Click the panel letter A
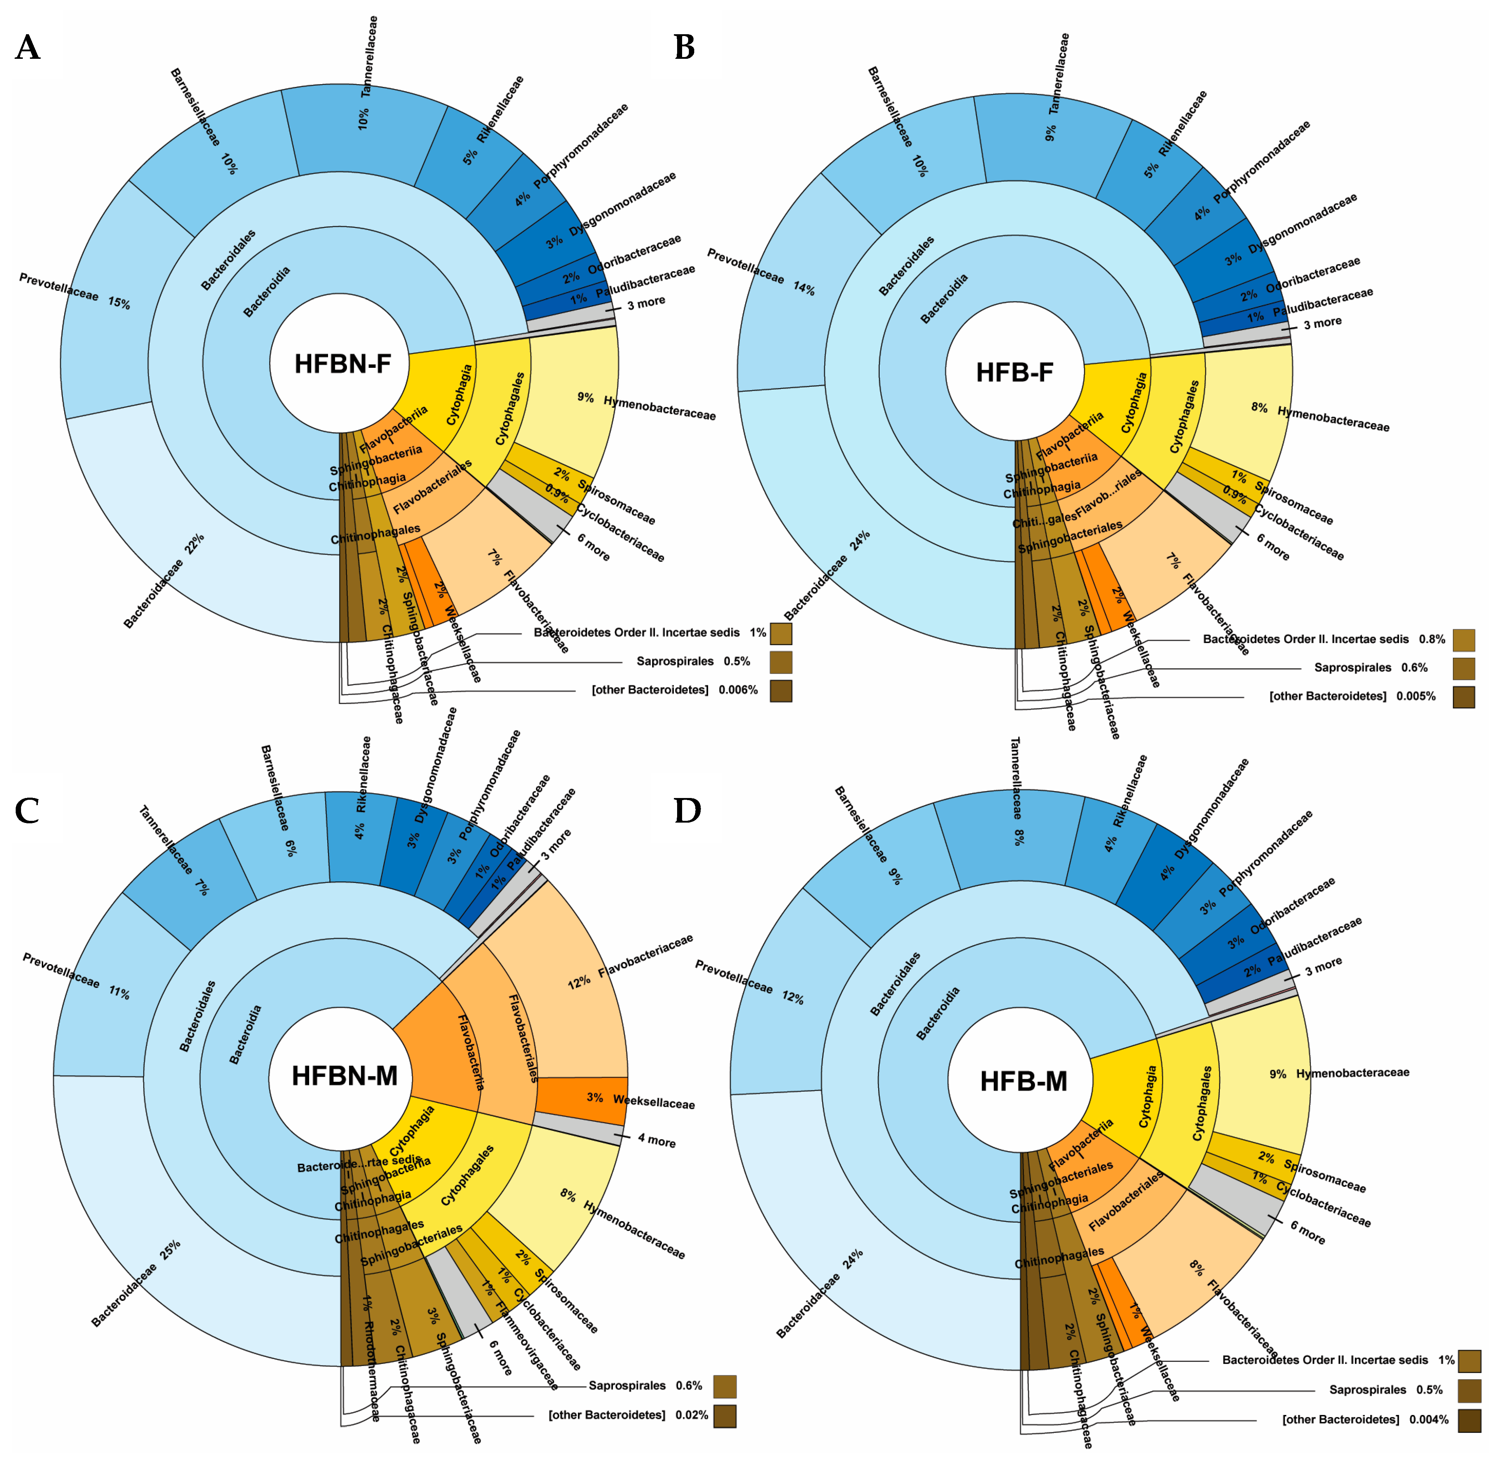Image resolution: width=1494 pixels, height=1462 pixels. coord(28,48)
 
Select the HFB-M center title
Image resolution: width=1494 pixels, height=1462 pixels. coord(1023,1081)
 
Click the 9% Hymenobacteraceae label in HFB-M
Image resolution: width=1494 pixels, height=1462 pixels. coord(1339,1073)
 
